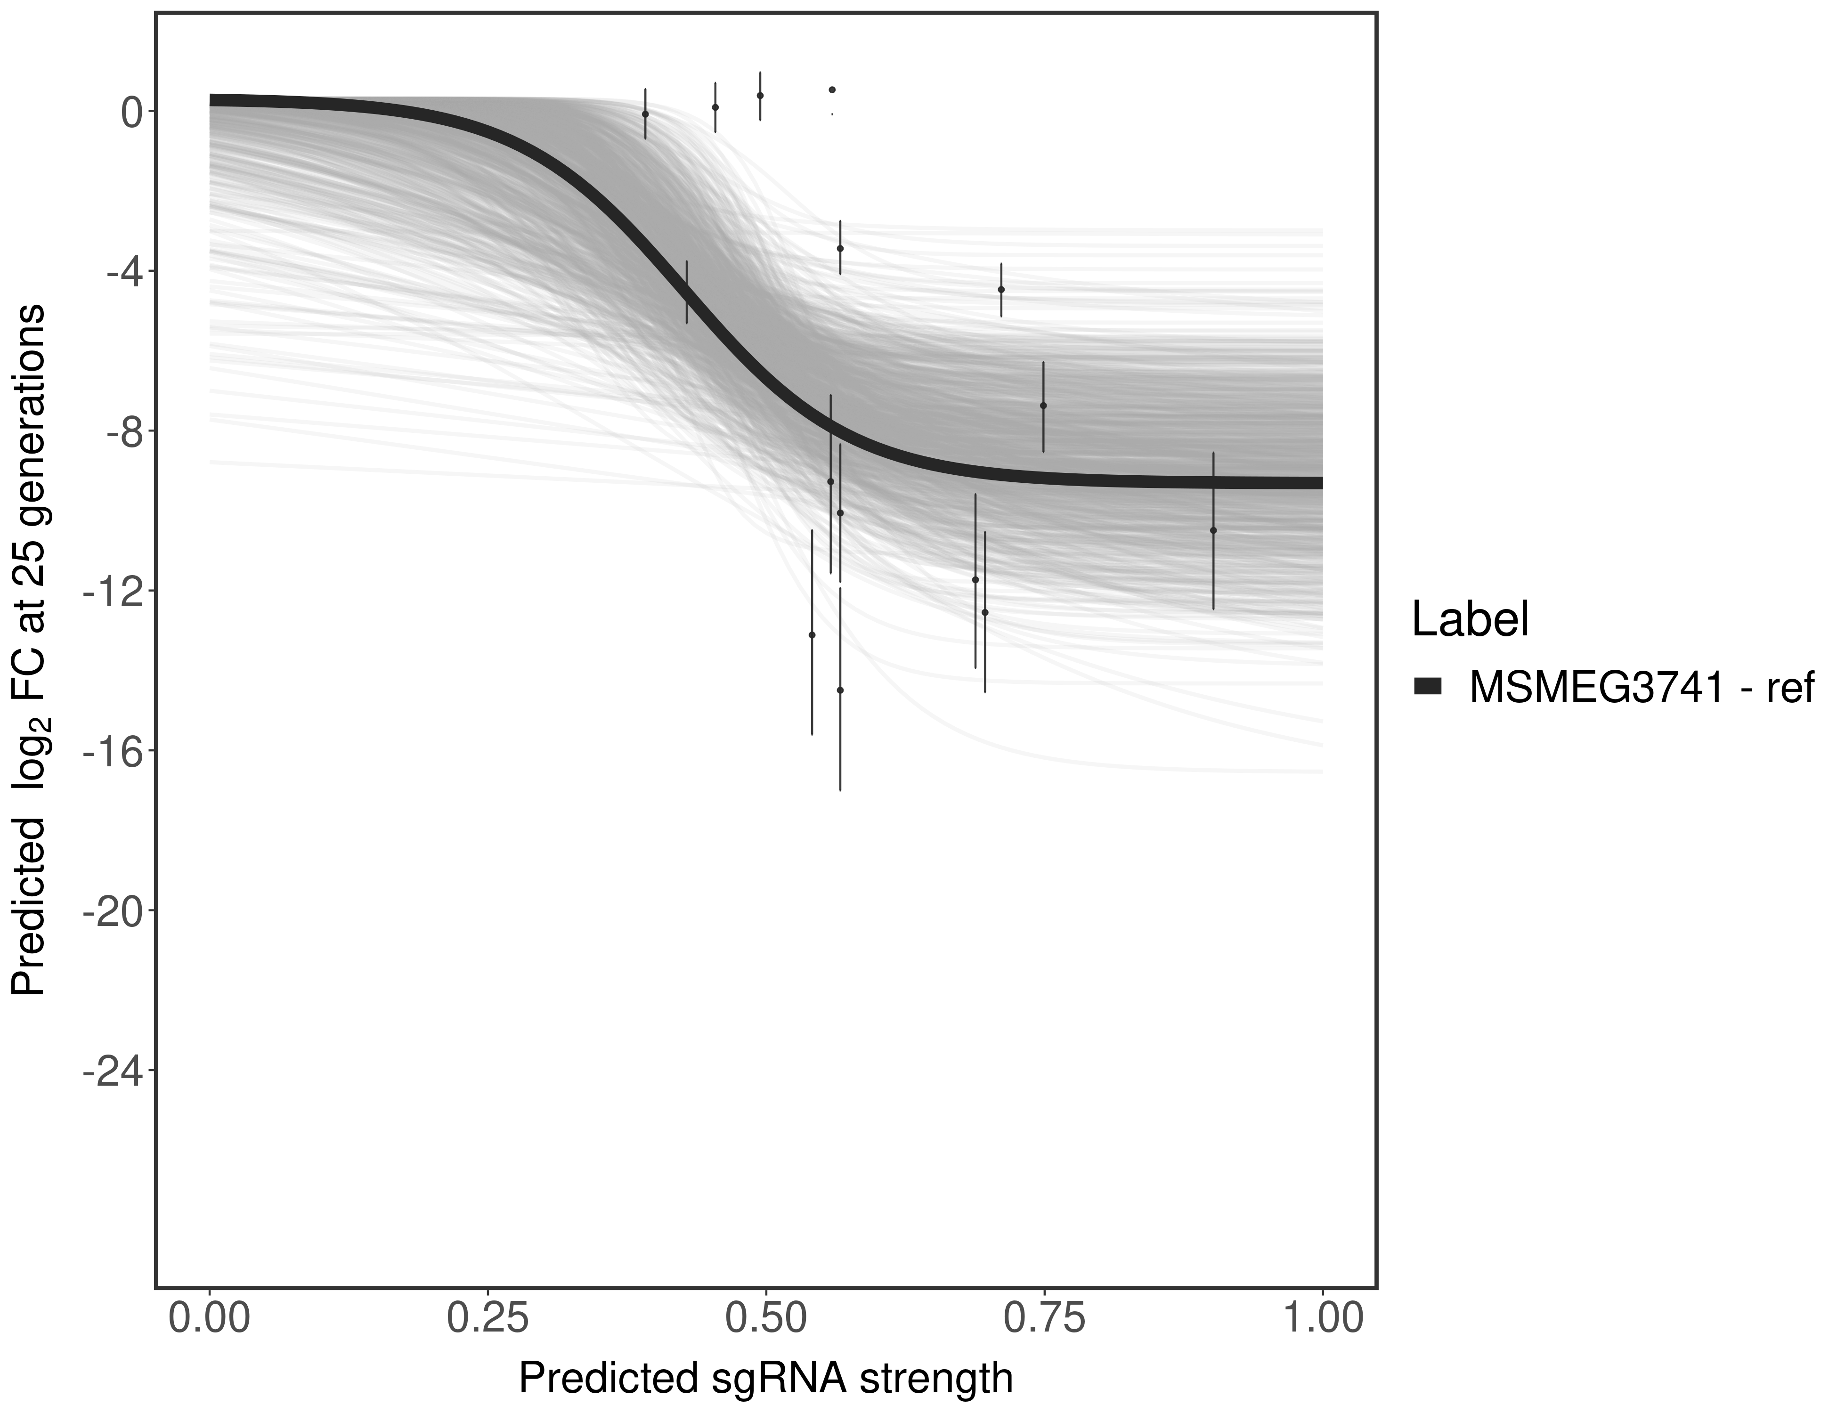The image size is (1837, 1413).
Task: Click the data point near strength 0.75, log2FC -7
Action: (1043, 406)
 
